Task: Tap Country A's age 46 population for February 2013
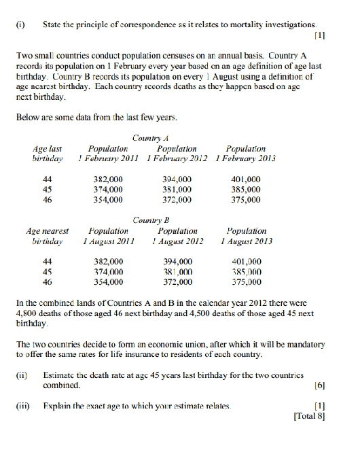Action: pyautogui.click(x=245, y=200)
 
